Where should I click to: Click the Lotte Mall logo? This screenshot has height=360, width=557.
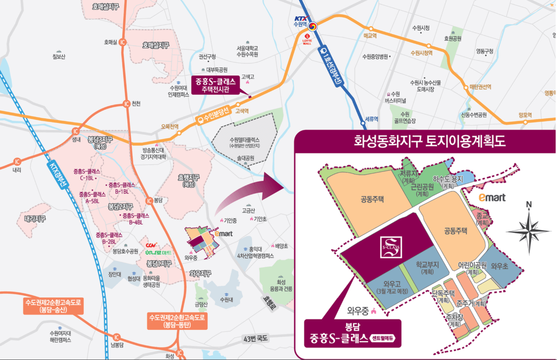pos(307,39)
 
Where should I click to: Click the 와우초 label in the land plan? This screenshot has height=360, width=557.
pos(499,266)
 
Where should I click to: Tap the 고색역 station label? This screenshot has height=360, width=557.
pos(242,111)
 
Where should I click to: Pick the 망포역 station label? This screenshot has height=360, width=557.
pos(525,116)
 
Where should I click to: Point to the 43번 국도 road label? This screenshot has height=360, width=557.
pos(255,338)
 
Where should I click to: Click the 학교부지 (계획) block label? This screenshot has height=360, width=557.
pos(427,268)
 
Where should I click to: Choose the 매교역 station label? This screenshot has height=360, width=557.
pos(370,35)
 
